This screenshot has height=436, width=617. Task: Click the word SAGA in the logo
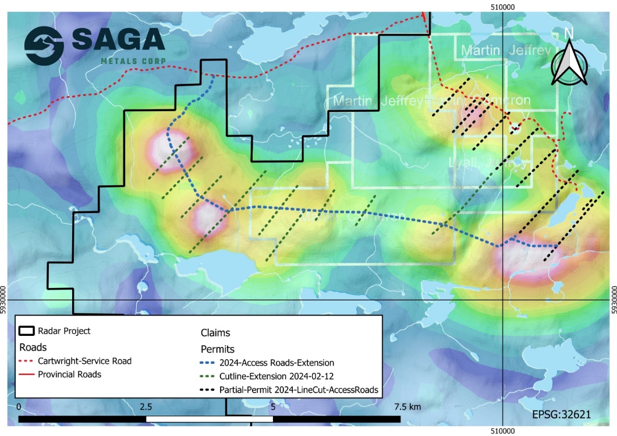(118, 40)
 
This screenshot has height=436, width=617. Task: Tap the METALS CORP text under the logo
(133, 61)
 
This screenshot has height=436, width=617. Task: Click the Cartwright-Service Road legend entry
(84, 361)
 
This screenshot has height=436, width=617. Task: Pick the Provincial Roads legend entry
(69, 374)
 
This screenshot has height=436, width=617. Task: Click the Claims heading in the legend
(215, 333)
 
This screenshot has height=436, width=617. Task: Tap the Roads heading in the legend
(33, 347)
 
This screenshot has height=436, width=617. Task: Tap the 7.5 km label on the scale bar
(407, 406)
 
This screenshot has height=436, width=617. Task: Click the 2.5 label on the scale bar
(146, 406)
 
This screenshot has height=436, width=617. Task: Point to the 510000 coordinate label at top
(502, 6)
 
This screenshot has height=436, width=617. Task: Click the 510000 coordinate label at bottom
(502, 431)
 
